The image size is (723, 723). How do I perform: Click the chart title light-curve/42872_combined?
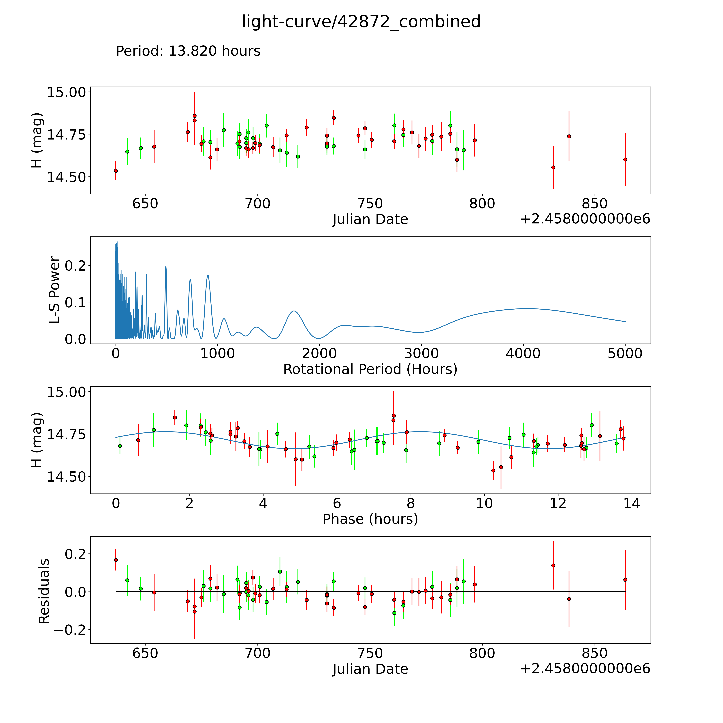[361, 22]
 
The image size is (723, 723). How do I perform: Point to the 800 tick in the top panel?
[482, 204]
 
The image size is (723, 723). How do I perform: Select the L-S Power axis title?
[55, 290]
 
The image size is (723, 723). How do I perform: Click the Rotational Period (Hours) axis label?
[370, 369]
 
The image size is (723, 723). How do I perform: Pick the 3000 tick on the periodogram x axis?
[421, 354]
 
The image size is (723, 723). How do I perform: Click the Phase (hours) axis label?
[370, 519]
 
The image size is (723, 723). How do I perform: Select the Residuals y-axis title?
[44, 591]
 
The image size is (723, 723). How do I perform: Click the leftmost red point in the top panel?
[116, 171]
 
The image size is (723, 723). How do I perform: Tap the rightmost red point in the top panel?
[625, 159]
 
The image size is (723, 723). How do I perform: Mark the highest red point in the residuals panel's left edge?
[116, 560]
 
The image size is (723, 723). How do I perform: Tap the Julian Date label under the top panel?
[370, 219]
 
